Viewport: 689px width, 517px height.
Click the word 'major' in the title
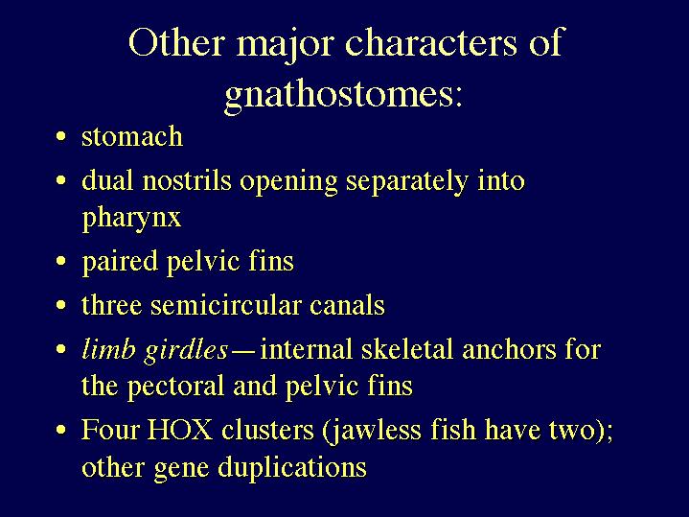tap(286, 44)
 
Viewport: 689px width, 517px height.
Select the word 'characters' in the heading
tap(431, 42)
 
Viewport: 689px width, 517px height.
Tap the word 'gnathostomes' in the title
tap(337, 96)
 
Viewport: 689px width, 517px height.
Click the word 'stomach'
tap(132, 136)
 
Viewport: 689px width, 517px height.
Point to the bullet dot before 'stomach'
tap(61, 136)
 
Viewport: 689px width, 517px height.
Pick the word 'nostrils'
tap(187, 181)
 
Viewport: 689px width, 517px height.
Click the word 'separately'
tap(406, 182)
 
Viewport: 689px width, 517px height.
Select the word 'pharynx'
tap(131, 219)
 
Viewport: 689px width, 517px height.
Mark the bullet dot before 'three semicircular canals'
tap(61, 305)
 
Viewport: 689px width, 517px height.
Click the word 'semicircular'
tap(226, 305)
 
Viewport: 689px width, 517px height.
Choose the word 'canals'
tap(347, 305)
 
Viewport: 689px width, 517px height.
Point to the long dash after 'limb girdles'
tap(243, 353)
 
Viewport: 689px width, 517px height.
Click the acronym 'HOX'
tap(180, 430)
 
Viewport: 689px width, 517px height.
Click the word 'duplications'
tap(292, 468)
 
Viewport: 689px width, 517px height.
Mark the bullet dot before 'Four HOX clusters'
tap(61, 430)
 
